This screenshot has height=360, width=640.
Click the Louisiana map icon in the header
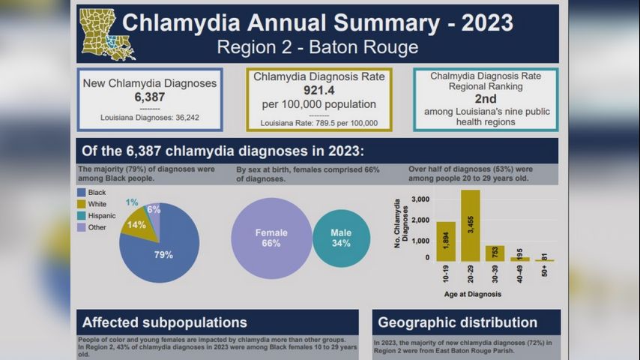pos(107,34)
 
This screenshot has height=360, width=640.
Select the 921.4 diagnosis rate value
pos(319,90)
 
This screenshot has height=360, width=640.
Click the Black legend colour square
pos(81,193)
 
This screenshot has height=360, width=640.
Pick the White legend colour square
pos(81,205)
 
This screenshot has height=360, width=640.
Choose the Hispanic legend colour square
pos(81,216)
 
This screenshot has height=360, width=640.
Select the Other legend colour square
pos(81,228)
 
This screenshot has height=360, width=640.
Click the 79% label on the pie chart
pos(163,255)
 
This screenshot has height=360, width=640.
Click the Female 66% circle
pos(271,238)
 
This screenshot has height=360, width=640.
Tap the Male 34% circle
pos(341,238)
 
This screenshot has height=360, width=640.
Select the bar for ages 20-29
pos(471,225)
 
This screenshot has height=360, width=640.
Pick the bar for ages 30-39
pos(495,253)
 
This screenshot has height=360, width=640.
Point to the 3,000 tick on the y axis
pos(420,199)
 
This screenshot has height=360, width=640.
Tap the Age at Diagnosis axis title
pos(472,294)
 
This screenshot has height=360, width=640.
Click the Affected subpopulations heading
pos(164,323)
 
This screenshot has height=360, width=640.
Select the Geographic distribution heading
pos(457,323)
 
